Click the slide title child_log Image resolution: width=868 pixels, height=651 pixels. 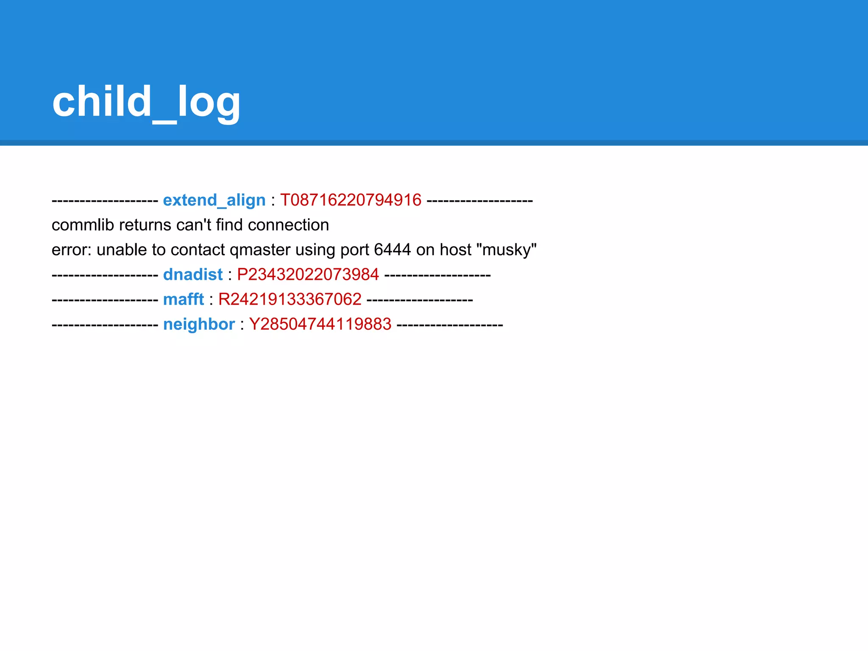coord(146,102)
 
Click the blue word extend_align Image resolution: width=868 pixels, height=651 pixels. coord(214,200)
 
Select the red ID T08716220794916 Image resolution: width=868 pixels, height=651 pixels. coord(351,200)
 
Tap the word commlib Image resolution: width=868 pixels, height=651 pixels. coord(83,225)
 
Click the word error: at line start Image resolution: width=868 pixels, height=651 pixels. coord(72,250)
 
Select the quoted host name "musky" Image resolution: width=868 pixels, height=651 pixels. coord(506,250)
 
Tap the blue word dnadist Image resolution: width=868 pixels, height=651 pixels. coord(193,275)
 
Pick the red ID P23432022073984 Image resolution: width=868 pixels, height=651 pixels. coord(308,275)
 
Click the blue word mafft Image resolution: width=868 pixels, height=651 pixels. coord(184,300)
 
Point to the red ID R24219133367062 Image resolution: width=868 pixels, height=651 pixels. coord(289,300)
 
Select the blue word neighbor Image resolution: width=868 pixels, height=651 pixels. coord(199,325)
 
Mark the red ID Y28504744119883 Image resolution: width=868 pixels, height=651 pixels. coord(320,325)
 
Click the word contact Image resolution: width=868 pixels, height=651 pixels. coord(198,250)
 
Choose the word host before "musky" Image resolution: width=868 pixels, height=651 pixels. coord(455,250)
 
